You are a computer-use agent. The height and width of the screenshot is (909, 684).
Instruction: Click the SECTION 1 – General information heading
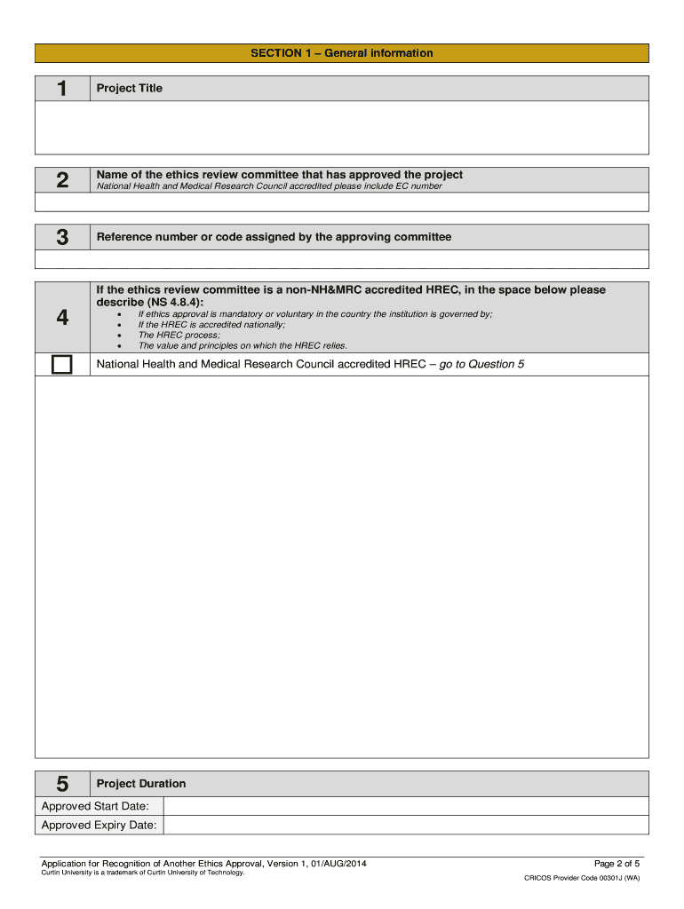(341, 53)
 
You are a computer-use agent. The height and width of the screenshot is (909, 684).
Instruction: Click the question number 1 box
(62, 89)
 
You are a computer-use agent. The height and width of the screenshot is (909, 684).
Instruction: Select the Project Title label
(130, 89)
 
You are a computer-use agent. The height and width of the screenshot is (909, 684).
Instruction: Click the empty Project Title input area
(341, 128)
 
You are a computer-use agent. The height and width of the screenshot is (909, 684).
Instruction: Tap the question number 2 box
(62, 180)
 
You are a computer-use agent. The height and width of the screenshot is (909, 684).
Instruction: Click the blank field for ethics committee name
(341, 202)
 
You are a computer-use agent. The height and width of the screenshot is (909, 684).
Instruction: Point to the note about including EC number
(268, 186)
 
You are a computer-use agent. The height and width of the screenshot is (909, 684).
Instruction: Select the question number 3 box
(62, 237)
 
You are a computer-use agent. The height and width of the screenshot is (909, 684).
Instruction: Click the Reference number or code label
(274, 237)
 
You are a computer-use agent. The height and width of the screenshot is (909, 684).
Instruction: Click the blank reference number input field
(341, 259)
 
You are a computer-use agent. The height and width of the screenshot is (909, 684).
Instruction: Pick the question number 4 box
(62, 317)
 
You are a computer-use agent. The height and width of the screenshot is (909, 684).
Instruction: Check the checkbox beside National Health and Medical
(62, 365)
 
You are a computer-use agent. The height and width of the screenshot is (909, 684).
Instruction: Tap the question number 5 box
(62, 784)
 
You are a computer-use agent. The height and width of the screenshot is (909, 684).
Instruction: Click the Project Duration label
(141, 784)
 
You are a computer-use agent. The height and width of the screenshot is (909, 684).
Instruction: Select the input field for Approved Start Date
(407, 806)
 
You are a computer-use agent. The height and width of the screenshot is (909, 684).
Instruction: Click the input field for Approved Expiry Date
(407, 826)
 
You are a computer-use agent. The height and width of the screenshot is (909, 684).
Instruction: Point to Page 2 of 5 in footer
(616, 864)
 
